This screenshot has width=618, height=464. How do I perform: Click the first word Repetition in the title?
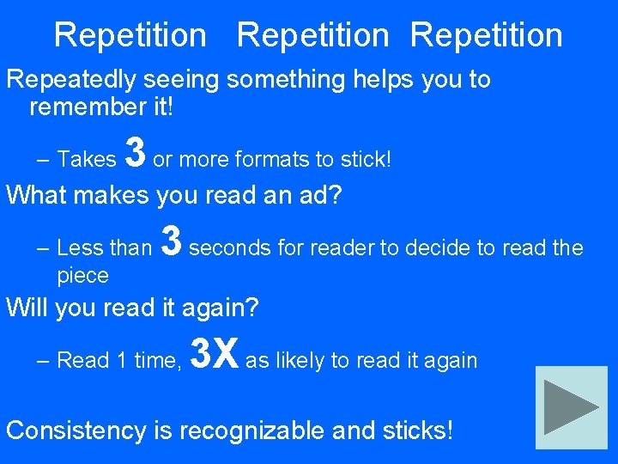click(x=130, y=35)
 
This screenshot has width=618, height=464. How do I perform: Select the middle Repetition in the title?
click(x=312, y=35)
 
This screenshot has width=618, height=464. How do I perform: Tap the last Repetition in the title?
click(x=486, y=35)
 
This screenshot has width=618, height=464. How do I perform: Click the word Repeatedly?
click(x=70, y=80)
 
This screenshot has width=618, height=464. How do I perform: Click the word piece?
click(x=82, y=276)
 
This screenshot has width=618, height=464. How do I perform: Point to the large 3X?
click(x=213, y=353)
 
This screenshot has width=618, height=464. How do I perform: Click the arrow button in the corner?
click(x=571, y=407)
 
